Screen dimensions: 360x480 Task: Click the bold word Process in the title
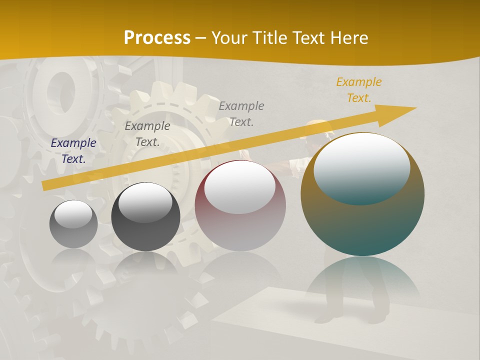coord(157,38)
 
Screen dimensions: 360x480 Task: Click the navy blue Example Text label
coord(73,151)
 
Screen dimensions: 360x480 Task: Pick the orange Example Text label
coord(358,90)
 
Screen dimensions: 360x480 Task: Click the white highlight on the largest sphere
coord(361,168)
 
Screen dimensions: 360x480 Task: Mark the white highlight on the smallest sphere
coord(73,214)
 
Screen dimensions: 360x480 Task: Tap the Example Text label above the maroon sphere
coord(241,113)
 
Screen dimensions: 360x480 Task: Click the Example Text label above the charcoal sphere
coord(147,134)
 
